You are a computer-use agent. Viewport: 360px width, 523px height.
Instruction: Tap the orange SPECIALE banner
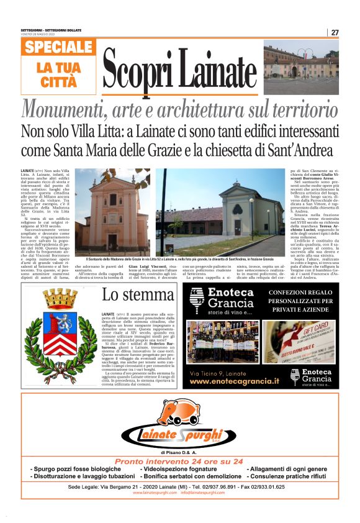[60, 47]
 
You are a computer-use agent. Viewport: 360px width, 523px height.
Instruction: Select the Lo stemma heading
[140, 294]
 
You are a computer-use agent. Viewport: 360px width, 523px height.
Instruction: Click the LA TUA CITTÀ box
[60, 75]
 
